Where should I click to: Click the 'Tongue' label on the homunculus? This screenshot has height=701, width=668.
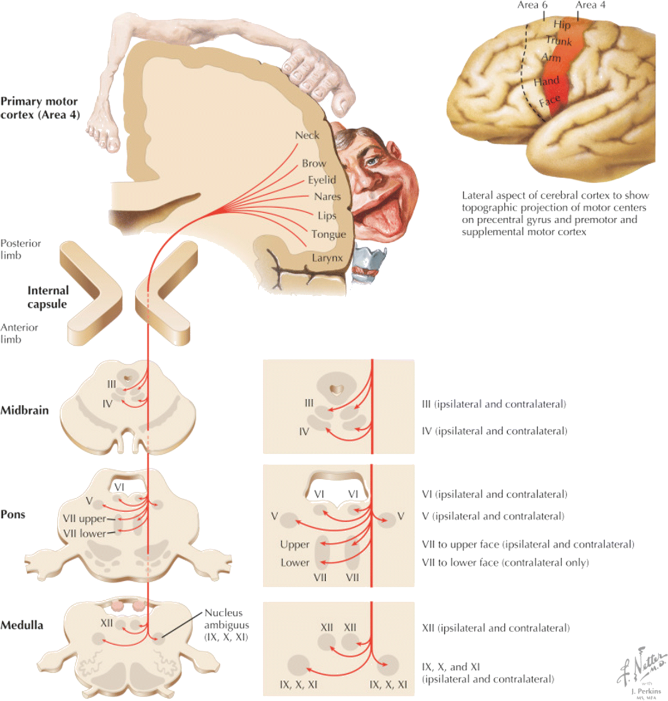click(x=328, y=234)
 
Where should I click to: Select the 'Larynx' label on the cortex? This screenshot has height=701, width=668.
click(x=327, y=258)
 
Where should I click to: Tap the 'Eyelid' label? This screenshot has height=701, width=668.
click(x=322, y=180)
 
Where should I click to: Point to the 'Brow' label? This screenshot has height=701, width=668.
click(x=314, y=164)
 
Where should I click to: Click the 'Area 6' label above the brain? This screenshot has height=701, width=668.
click(x=532, y=5)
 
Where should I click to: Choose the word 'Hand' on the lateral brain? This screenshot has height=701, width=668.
click(x=546, y=82)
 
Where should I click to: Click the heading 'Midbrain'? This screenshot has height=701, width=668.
click(x=24, y=410)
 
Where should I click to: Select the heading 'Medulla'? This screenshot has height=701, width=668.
click(x=22, y=625)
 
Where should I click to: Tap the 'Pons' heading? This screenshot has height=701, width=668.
click(x=13, y=514)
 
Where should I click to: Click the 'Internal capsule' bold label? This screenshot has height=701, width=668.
click(x=47, y=297)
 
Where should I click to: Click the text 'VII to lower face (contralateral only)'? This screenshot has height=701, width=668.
click(x=505, y=562)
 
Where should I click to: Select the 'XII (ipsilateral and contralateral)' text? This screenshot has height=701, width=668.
click(x=495, y=628)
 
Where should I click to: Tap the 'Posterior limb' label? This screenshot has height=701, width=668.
click(x=21, y=249)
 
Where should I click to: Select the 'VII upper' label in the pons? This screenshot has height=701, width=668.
click(x=84, y=519)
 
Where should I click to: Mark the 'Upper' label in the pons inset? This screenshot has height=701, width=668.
click(x=294, y=545)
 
